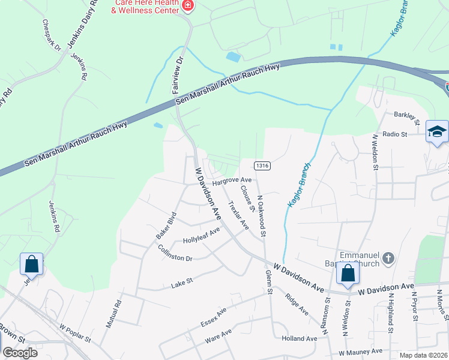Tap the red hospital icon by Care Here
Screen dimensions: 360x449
pyautogui.click(x=188, y=7)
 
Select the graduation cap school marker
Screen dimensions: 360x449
pyautogui.click(x=437, y=132)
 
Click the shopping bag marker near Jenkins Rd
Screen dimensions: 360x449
pyautogui.click(x=31, y=264)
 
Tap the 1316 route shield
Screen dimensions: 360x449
pyautogui.click(x=261, y=166)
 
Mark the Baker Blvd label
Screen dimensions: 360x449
pyautogui.click(x=166, y=226)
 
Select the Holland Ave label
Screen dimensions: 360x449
pyautogui.click(x=299, y=338)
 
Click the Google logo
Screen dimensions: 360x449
pyautogui.click(x=20, y=352)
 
